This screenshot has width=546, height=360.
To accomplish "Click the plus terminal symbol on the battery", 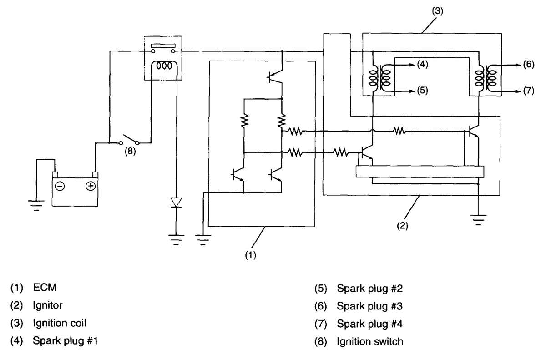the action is [91, 186].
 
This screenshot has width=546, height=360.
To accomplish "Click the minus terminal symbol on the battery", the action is [60, 187].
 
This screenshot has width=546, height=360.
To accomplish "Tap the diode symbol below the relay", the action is [176, 203].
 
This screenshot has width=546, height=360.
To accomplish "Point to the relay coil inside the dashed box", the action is [164, 66].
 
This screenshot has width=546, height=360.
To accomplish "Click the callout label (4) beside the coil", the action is [422, 64].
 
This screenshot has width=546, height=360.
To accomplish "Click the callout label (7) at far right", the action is [528, 91].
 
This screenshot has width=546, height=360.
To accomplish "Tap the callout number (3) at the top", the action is [438, 11].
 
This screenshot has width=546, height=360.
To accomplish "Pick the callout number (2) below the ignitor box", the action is [402, 226].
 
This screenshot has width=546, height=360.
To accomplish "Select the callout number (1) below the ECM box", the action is [251, 255].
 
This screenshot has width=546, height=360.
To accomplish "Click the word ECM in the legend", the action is [45, 288].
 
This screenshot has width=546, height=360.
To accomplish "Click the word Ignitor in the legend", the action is [48, 306].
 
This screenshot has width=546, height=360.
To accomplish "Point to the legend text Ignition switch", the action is [370, 342].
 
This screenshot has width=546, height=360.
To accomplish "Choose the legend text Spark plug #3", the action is [370, 306].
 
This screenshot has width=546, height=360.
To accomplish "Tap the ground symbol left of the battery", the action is [36, 205].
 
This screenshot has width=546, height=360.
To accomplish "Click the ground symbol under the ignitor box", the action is [478, 220].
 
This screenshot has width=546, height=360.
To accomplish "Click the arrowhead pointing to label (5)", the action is [412, 91].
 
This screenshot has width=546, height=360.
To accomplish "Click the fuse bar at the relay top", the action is [163, 46].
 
